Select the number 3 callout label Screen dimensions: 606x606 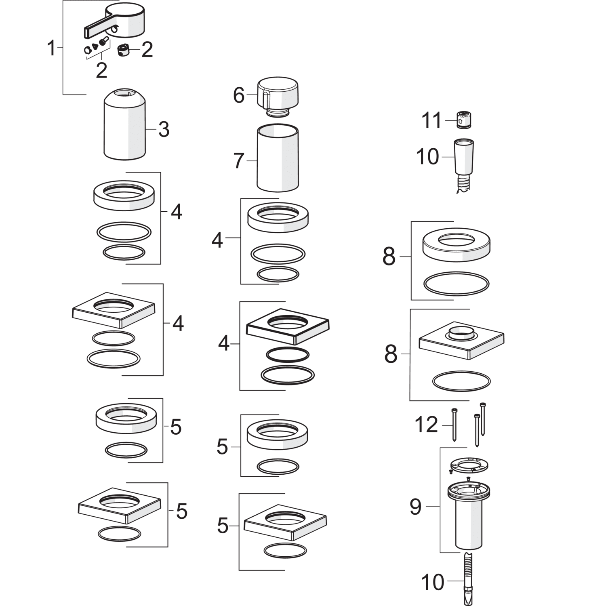[164, 130]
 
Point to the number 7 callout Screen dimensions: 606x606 [239, 161]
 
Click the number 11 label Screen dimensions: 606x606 [432, 121]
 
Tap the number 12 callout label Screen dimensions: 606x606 [426, 425]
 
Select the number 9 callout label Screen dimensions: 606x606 [415, 507]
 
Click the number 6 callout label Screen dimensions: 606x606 [239, 95]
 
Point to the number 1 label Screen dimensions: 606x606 [51, 48]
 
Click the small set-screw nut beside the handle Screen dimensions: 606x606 [123, 51]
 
